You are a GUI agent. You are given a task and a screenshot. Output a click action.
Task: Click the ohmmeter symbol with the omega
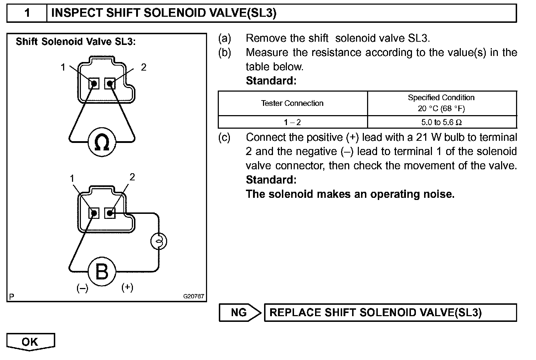pyautogui.click(x=102, y=142)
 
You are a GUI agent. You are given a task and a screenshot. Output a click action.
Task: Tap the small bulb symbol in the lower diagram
pyautogui.click(x=158, y=242)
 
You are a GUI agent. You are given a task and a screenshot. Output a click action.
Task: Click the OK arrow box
pyautogui.click(x=30, y=342)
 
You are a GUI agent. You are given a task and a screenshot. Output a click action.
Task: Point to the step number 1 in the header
pyautogui.click(x=27, y=13)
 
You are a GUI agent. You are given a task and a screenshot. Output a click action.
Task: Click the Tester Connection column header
pyautogui.click(x=292, y=103)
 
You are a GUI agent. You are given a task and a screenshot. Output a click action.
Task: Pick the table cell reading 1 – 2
pyautogui.click(x=292, y=122)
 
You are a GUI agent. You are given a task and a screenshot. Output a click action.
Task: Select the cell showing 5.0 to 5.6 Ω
pyautogui.click(x=442, y=122)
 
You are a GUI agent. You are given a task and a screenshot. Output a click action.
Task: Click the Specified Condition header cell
pyautogui.click(x=442, y=103)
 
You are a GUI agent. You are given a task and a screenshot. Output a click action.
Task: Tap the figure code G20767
pyautogui.click(x=194, y=296)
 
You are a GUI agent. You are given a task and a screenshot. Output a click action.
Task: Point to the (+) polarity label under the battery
pyautogui.click(x=127, y=287)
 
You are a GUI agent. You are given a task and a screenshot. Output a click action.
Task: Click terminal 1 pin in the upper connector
pyautogui.click(x=94, y=84)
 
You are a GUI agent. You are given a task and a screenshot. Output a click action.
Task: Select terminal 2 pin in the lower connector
pyautogui.click(x=110, y=214)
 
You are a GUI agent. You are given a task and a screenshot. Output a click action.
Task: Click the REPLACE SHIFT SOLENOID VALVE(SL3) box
pyautogui.click(x=390, y=313)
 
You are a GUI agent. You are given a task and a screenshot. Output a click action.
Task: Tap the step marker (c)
pyautogui.click(x=225, y=137)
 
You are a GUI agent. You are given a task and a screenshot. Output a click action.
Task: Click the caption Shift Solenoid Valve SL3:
pyautogui.click(x=76, y=42)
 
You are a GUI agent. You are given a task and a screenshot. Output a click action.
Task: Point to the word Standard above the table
pyautogui.click(x=271, y=81)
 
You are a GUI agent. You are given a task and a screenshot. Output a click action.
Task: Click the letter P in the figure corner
pyautogui.click(x=12, y=297)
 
